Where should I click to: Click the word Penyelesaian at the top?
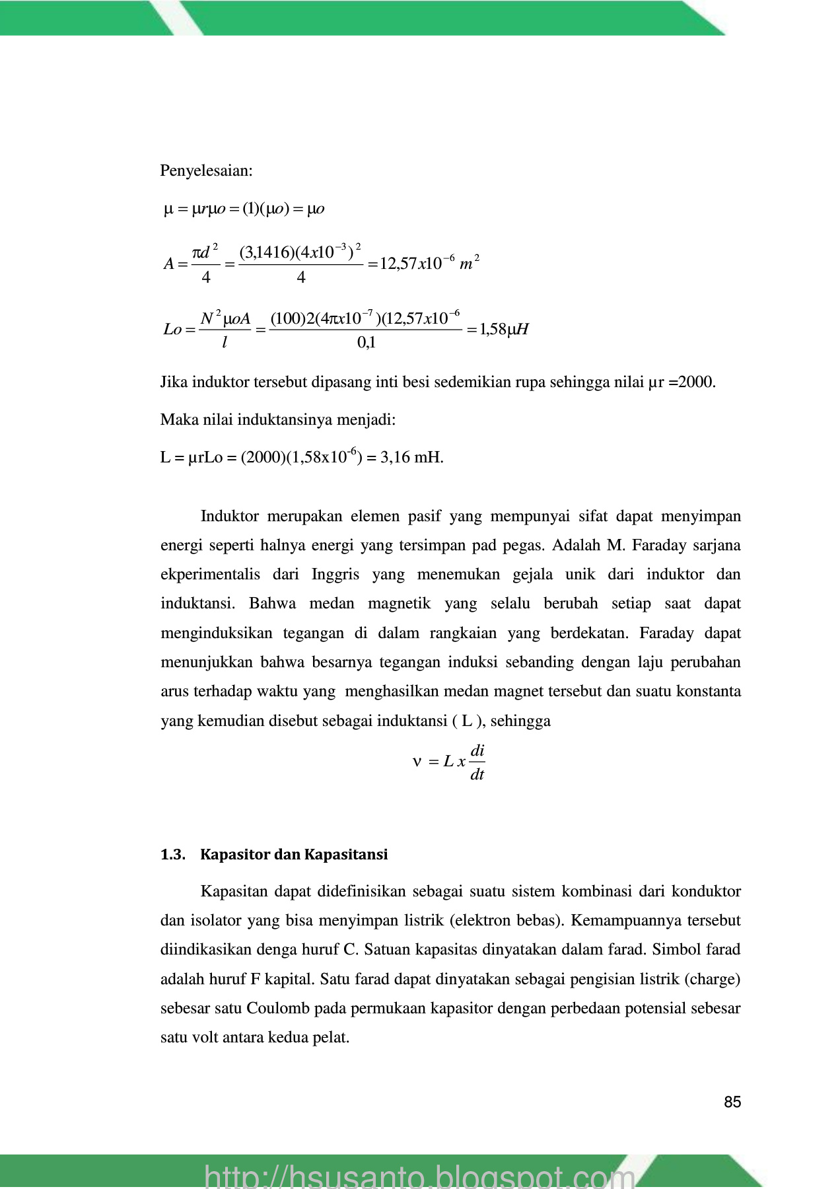206,171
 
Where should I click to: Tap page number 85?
732,1102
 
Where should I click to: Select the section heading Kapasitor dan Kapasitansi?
294,855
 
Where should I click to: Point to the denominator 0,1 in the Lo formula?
366,343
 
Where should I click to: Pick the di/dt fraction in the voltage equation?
477,763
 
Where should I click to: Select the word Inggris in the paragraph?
335,575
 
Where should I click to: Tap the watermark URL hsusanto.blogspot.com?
419,1176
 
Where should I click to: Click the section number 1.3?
172,855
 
